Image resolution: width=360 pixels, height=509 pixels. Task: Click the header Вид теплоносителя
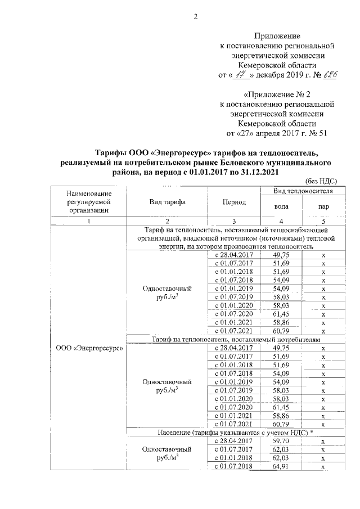point(303,192)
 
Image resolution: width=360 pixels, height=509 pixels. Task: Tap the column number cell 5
point(323,220)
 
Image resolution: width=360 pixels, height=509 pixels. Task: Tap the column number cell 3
point(233,220)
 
